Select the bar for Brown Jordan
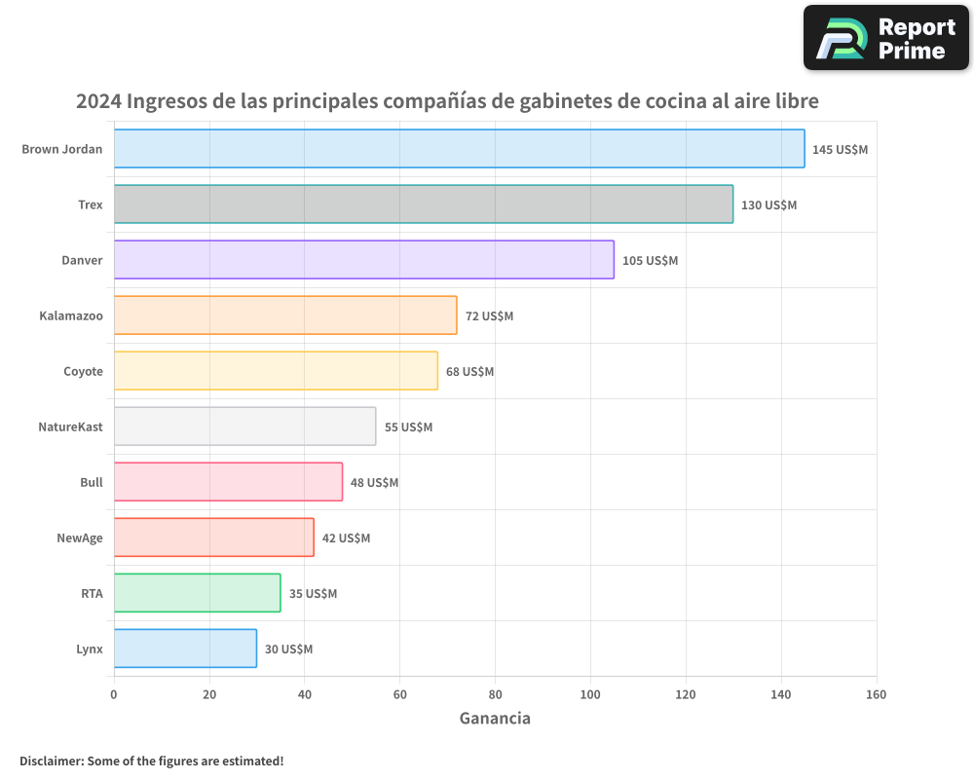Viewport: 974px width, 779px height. [459, 149]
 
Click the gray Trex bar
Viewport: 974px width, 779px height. [423, 204]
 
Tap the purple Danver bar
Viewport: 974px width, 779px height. [363, 260]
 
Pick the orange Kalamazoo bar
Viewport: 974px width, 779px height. [285, 315]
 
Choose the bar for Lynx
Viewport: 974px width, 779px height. [185, 649]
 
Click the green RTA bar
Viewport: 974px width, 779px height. [197, 593]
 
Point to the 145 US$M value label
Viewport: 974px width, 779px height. [840, 150]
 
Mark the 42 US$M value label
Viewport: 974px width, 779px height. [346, 538]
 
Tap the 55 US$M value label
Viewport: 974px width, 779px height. [408, 427]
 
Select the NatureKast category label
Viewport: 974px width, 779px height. [70, 427]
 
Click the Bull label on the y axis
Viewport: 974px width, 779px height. [92, 482]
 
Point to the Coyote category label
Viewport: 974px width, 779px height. [83, 371]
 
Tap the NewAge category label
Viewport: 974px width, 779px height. [80, 538]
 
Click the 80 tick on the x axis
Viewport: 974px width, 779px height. [495, 694]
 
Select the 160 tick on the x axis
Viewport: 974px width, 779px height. [876, 694]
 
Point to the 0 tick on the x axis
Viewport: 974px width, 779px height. [114, 694]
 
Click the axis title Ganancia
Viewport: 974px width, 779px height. [495, 719]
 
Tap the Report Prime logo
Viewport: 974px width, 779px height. [885, 38]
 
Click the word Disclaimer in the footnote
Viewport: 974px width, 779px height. [51, 760]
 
